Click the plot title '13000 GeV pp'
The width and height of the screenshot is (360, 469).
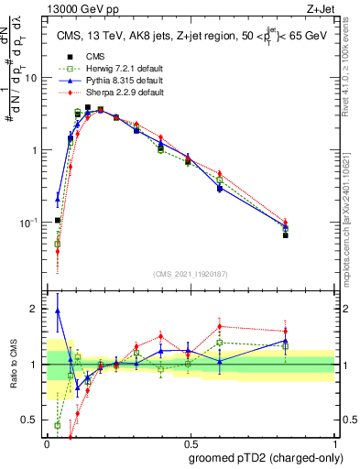coord(75,7)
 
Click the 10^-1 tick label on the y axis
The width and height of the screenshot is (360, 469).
coord(30,223)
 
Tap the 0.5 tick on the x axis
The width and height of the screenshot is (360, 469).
coord(191,440)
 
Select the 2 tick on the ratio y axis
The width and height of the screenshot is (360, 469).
coord(38,309)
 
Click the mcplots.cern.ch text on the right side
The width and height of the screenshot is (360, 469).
coord(351,220)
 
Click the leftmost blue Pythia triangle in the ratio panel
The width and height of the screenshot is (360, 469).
coord(58,311)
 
